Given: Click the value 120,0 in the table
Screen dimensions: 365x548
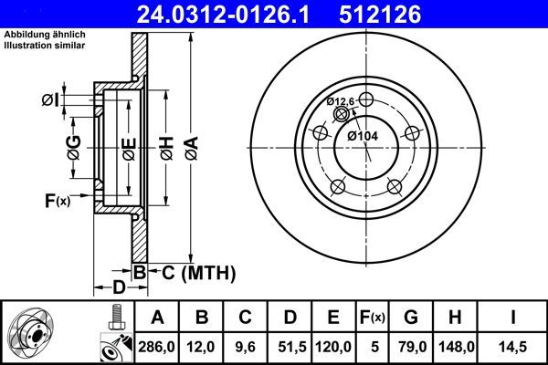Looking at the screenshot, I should pyautogui.click(x=334, y=347).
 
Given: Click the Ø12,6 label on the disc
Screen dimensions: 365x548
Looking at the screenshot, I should pyautogui.click(x=341, y=101).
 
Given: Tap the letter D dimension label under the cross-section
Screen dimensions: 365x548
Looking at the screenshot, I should pyautogui.click(x=119, y=288).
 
